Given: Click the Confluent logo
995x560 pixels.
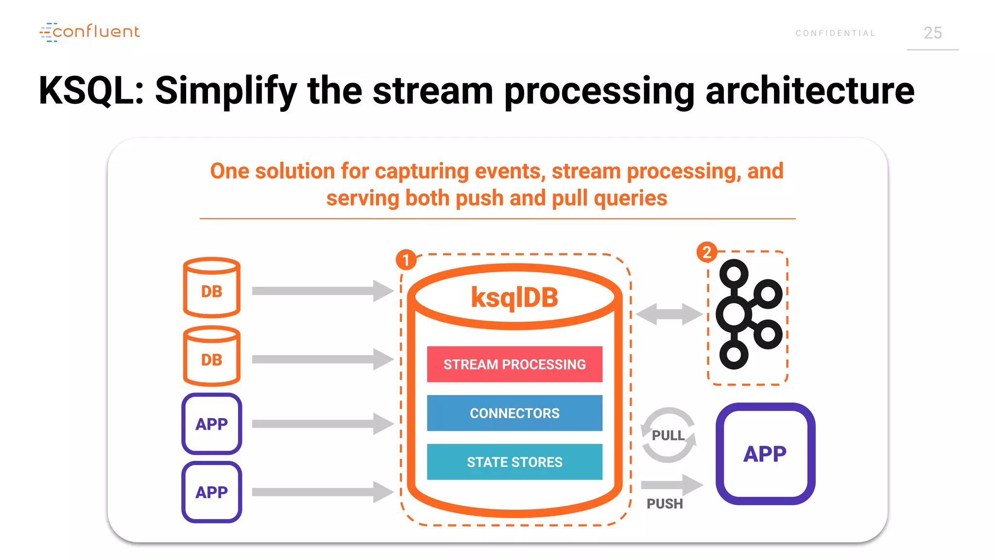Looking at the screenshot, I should click(90, 32).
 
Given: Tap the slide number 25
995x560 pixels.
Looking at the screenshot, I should click(932, 33).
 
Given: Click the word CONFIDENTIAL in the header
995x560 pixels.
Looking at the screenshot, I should click(835, 33).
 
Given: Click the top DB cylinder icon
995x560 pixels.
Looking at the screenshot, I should click(211, 288).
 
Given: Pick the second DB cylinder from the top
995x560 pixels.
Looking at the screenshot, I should click(211, 356).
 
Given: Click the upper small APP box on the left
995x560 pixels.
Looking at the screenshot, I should click(211, 424).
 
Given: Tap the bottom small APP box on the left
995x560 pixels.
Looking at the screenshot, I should click(211, 492).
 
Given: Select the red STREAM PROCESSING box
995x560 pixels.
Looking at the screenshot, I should click(515, 364).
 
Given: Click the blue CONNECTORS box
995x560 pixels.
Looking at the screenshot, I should click(515, 413).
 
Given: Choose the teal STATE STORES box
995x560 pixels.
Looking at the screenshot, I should click(515, 462).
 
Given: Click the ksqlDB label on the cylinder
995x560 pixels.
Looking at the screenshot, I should click(515, 297).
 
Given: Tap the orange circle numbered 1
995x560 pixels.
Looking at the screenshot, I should click(406, 260).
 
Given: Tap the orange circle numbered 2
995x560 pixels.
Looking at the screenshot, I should click(706, 252).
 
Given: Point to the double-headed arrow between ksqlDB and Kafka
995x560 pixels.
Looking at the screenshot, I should click(669, 314).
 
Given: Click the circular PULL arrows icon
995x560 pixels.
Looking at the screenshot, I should click(668, 435).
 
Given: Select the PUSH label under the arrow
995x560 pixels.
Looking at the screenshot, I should click(664, 504).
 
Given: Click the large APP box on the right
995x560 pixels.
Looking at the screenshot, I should click(765, 454).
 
